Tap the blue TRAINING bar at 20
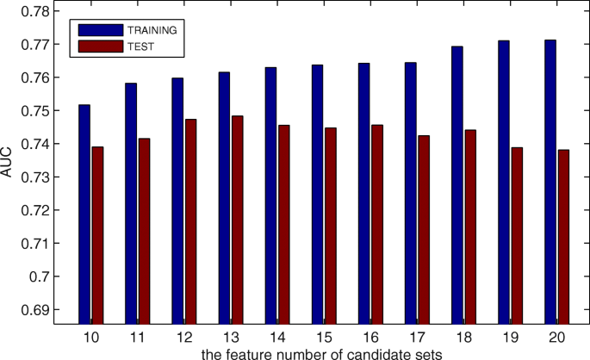(550, 182)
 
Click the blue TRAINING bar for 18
(456, 185)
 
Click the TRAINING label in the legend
(152, 30)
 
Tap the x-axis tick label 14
(276, 336)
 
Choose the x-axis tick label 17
(417, 336)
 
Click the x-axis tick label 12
(183, 336)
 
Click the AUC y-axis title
(10, 164)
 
